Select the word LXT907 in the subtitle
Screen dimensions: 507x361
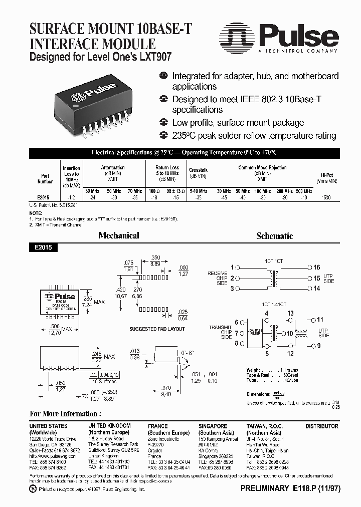(x=155, y=57)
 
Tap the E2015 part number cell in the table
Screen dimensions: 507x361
(x=45, y=198)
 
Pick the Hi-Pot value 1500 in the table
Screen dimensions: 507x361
(x=325, y=198)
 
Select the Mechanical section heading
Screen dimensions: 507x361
(x=119, y=235)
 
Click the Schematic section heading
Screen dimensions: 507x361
(x=274, y=235)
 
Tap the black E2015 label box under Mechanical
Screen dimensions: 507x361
(x=44, y=247)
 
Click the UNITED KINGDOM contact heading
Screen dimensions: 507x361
(x=109, y=426)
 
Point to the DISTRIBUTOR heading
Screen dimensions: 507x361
(x=322, y=426)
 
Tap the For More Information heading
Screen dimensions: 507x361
(x=65, y=413)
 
